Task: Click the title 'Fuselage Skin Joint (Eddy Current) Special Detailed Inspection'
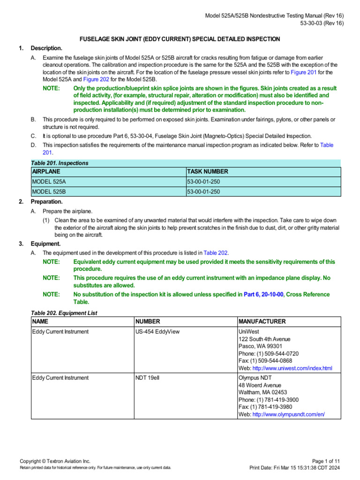coord(180,39)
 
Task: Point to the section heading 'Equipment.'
coord(45,244)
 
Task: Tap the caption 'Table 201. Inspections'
coord(60,163)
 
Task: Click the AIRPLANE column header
coord(46,172)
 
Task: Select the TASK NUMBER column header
coord(208,172)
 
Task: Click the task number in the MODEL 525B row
coord(204,192)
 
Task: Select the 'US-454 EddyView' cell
coord(157,331)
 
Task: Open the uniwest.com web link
coord(292,368)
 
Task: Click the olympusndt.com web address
coord(288,414)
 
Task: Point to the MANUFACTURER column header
coord(262,322)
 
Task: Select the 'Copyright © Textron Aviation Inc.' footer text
coord(55,461)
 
